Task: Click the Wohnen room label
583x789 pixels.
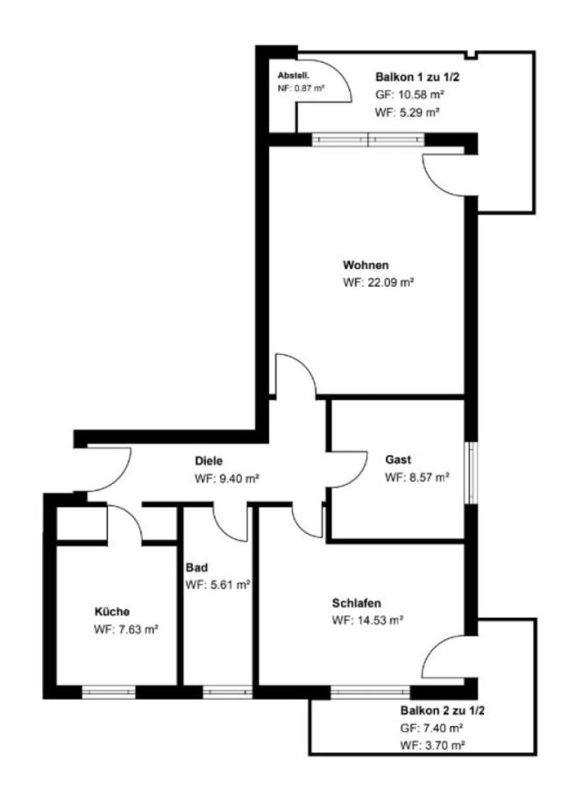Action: click(x=366, y=265)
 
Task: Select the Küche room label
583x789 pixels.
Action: click(x=112, y=611)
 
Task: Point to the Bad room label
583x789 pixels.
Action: click(x=196, y=567)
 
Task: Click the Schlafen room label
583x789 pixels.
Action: click(x=356, y=603)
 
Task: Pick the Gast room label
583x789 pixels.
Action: click(x=398, y=459)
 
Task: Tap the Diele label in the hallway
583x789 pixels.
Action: click(x=209, y=461)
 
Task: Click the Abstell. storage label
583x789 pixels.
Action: click(x=294, y=76)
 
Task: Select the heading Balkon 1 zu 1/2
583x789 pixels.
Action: click(x=417, y=77)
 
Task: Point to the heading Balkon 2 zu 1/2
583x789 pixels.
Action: click(x=442, y=710)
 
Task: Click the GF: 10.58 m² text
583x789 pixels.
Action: click(x=409, y=95)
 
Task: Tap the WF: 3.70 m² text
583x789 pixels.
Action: click(x=432, y=745)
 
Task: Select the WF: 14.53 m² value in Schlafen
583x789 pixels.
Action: click(x=367, y=621)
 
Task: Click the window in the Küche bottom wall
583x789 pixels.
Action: click(x=109, y=693)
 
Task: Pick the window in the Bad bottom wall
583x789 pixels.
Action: click(x=227, y=693)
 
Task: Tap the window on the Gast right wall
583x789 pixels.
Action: click(x=471, y=473)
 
